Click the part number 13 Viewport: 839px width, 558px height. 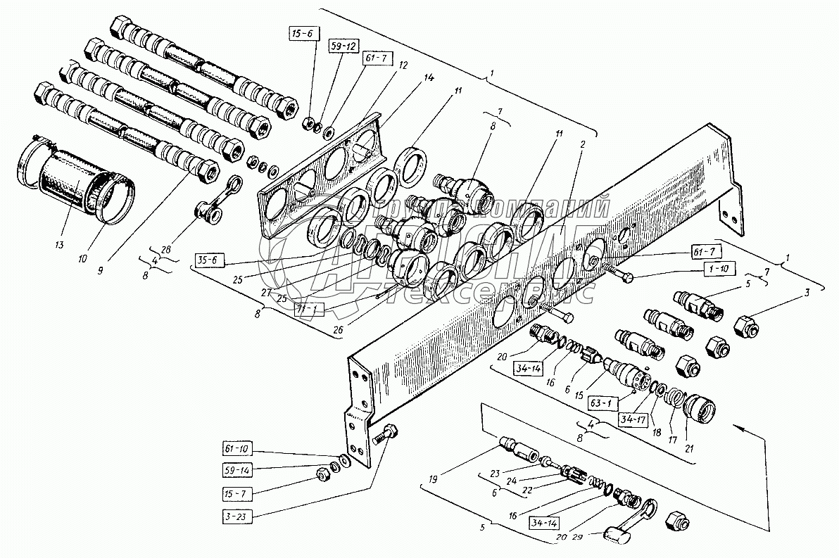coord(58,244)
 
